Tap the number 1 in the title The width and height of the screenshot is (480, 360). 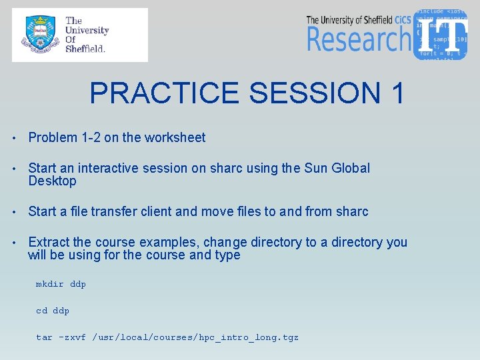coord(394,93)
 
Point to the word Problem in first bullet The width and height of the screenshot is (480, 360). coord(53,138)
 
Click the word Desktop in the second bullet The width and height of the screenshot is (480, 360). coord(52,181)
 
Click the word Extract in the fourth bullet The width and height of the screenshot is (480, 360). coord(49,242)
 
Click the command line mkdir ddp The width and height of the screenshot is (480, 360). coord(61,284)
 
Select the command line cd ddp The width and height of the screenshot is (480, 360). coord(53,311)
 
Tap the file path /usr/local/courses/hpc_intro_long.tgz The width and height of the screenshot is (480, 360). coord(195,337)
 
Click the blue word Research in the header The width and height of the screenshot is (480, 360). coord(358,39)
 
